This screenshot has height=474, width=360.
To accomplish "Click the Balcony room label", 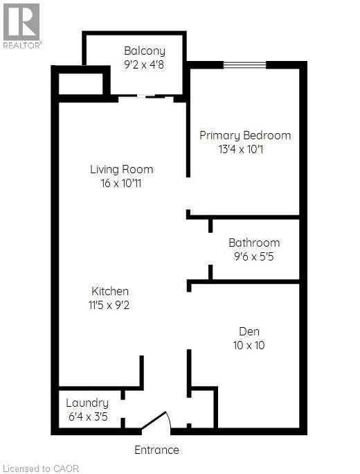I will [x=145, y=51].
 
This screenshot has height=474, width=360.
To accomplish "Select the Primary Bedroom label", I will [x=245, y=135].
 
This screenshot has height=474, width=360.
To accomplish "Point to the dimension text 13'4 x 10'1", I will [x=245, y=149].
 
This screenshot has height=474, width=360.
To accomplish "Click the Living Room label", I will [x=122, y=169].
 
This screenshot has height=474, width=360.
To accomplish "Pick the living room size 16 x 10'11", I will [x=122, y=184].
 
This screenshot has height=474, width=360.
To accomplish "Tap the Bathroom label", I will [x=254, y=243].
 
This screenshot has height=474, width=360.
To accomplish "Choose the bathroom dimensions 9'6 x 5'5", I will [x=254, y=257].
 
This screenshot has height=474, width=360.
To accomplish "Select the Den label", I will [x=249, y=331].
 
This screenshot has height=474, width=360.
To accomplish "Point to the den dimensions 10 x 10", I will [x=249, y=345].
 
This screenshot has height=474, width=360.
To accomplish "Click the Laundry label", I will [x=87, y=403].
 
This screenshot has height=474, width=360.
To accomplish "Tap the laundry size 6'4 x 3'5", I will [x=87, y=417].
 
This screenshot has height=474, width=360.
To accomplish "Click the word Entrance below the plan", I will [x=156, y=450].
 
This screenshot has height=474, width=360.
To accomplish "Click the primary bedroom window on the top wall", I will [x=245, y=65].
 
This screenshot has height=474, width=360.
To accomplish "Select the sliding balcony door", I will [x=145, y=98].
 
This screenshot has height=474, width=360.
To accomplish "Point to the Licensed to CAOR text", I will [x=41, y=468].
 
